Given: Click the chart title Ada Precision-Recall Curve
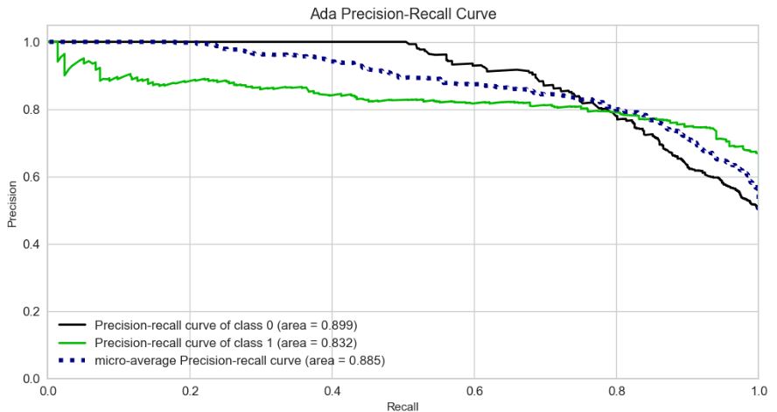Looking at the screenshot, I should pos(402,15).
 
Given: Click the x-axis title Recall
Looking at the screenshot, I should pos(402,406).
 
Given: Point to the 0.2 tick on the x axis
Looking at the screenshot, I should pos(191,390).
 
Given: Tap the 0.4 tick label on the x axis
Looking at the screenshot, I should pos(332,390).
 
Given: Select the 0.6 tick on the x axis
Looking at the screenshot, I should pos(474,390).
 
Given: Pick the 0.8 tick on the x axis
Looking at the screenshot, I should pos(616,390).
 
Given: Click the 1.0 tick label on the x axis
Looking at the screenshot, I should pos(757,390).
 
